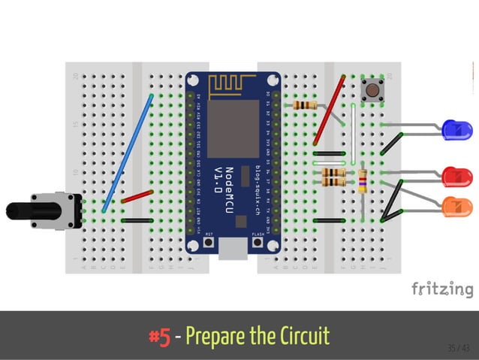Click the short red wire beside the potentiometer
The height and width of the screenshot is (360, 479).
tap(137, 197)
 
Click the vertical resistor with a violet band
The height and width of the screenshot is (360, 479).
tap(364, 180)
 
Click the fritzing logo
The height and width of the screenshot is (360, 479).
tap(442, 289)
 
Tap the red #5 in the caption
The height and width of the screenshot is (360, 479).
tap(158, 334)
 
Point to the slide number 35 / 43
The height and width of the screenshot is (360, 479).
tap(457, 347)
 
